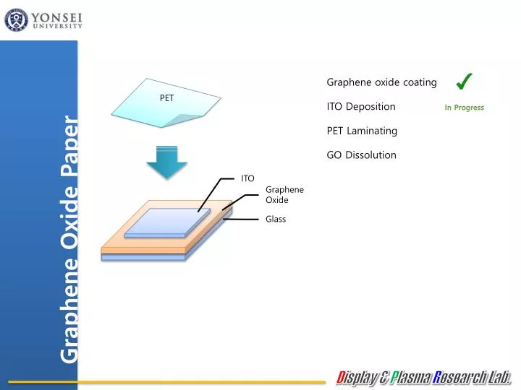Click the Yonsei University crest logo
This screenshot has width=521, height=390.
tap(16, 19)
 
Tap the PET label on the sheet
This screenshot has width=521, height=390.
tap(166, 98)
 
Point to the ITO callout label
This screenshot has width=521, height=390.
tap(247, 178)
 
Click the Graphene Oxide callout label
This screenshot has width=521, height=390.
tap(284, 194)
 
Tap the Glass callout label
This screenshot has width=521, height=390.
tap(276, 219)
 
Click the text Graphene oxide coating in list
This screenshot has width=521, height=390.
tap(381, 82)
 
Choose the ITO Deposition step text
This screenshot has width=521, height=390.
tap(361, 107)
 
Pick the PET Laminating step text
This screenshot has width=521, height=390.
tap(362, 131)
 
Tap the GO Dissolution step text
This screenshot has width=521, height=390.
tap(361, 155)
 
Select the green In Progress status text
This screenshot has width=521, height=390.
tap(464, 108)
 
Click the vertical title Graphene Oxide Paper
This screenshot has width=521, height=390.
tap(69, 238)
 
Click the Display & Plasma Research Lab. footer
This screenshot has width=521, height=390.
tap(424, 376)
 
